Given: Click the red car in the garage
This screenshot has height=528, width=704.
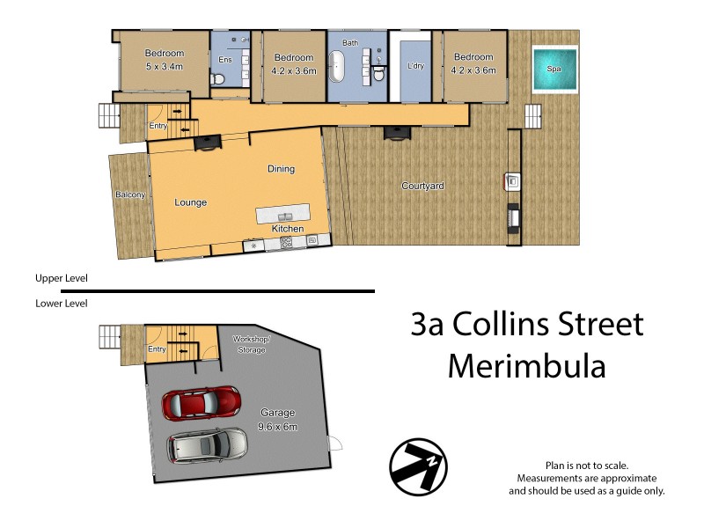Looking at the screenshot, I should [x=202, y=404].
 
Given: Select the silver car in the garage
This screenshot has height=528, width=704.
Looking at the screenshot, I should [x=209, y=445].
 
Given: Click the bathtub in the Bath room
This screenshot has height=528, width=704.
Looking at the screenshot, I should [x=338, y=67].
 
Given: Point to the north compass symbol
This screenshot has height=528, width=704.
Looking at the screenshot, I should [x=419, y=464].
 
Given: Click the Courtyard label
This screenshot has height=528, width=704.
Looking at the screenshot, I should [x=422, y=186].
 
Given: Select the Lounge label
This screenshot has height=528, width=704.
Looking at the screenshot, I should [x=190, y=202].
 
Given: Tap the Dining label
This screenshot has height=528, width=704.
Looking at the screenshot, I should [x=281, y=169].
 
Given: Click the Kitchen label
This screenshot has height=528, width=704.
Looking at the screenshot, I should [x=288, y=229].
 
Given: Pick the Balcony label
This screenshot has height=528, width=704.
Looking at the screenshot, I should [x=129, y=194].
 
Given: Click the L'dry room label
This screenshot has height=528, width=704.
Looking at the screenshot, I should [x=415, y=66].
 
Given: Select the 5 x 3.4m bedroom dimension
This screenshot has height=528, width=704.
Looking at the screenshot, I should [x=164, y=66].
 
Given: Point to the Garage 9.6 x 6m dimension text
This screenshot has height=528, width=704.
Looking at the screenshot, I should [x=278, y=427].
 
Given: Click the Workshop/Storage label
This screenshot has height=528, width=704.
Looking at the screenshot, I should [x=253, y=344].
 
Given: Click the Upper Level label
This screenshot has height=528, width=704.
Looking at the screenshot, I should [x=62, y=278].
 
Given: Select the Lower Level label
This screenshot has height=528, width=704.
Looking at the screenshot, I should [x=62, y=303].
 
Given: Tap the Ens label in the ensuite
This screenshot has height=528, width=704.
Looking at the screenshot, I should [x=224, y=60].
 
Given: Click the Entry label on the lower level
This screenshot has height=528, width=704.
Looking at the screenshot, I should [x=158, y=349].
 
